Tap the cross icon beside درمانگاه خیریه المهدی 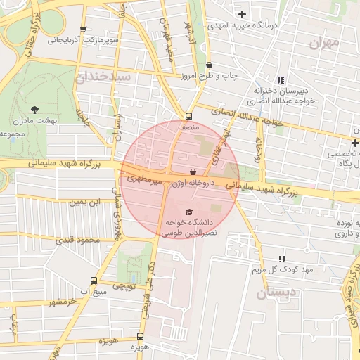pyautogui.click(x=242, y=14)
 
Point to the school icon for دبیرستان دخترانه pyautogui.click(x=281, y=81)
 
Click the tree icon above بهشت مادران pyautogui.click(x=34, y=109)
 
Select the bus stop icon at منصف pyautogui.click(x=188, y=117)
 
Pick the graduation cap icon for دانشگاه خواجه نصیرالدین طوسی pyautogui.click(x=188, y=212)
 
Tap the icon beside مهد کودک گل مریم pyautogui.click(x=282, y=259)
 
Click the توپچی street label pyautogui.click(x=124, y=286)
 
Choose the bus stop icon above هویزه pyautogui.click(x=140, y=336)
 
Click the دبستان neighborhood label pyautogui.click(x=270, y=293)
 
